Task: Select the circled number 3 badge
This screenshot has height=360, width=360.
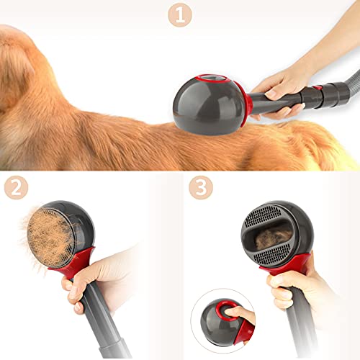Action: [202, 189]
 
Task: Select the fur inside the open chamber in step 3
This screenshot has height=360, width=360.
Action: [274, 234]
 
